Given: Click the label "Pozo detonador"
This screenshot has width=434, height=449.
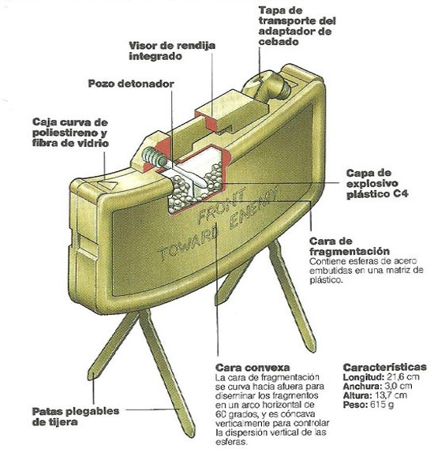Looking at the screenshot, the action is [x=131, y=84].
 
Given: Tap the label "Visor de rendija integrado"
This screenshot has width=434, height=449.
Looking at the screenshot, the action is [x=172, y=51].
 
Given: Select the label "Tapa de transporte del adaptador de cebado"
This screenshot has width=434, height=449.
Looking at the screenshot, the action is [x=297, y=26].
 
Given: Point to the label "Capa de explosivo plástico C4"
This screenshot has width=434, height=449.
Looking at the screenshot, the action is [x=377, y=184].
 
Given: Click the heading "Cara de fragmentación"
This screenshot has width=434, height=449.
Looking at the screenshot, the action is [x=350, y=246].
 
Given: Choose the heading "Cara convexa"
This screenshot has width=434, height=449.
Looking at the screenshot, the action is [x=253, y=368].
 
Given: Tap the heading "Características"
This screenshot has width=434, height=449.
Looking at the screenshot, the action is [x=385, y=367].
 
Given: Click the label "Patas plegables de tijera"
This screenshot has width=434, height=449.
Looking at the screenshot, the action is [x=76, y=417].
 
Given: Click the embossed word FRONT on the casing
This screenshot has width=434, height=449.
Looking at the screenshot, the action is [x=221, y=206].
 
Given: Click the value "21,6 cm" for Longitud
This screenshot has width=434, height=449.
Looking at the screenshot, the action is [x=403, y=377].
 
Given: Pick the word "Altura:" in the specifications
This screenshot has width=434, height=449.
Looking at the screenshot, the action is [x=357, y=395].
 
